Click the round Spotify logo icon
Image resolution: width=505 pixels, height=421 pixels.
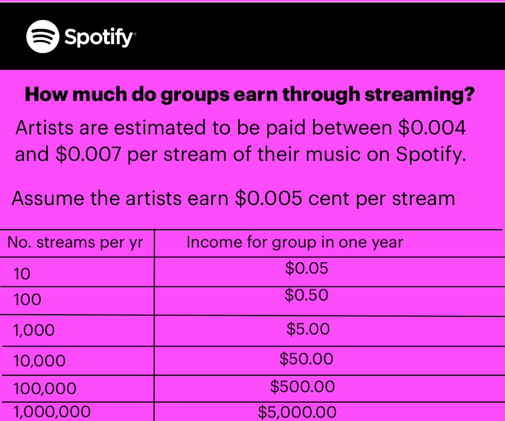43,37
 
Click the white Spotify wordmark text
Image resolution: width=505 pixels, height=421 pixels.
99,37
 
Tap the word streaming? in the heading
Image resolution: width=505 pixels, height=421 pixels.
420,95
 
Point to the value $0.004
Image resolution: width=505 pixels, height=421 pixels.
432,128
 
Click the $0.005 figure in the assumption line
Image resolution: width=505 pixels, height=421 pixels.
269,198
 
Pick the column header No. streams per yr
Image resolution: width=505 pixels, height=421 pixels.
75,242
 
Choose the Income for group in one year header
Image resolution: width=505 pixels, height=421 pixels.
295,242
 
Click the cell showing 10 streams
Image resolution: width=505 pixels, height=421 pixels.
22,274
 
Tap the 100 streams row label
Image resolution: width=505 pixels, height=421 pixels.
27,299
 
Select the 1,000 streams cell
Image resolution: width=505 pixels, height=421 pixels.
34,330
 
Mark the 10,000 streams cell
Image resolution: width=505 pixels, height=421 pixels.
39,361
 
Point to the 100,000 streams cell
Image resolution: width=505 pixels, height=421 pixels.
45,389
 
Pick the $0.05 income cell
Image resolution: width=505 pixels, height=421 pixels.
306,268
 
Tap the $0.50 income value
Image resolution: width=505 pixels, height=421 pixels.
306,295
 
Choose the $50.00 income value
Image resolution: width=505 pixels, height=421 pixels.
306,359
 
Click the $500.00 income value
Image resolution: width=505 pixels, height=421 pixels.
302,386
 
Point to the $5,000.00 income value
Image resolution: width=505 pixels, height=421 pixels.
297,412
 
